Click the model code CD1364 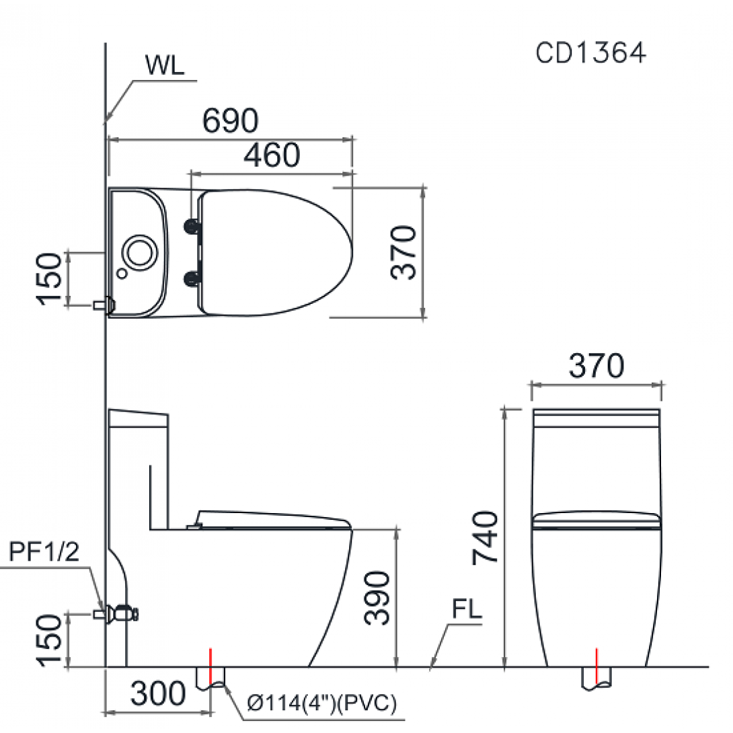590,53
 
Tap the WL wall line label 164,65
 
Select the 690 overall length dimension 231,121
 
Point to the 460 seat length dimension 272,156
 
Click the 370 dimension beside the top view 405,252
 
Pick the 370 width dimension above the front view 596,366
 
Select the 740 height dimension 486,537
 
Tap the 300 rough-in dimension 158,693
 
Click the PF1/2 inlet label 44,553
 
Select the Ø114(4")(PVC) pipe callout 321,704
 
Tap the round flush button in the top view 140,251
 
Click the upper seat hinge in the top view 193,227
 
